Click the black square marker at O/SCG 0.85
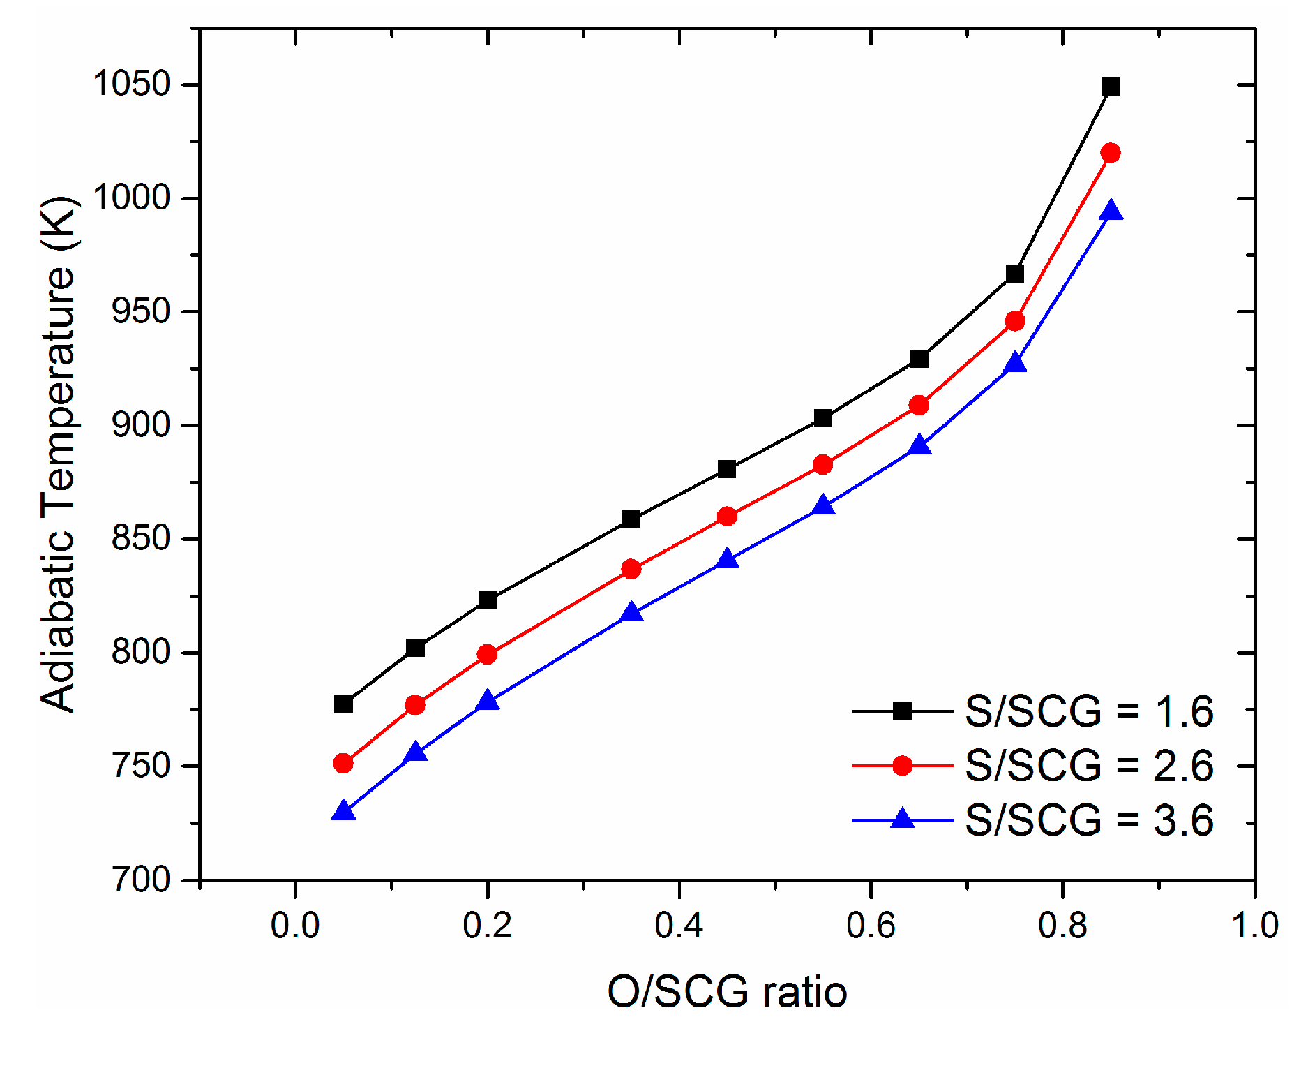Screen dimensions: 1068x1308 click(1111, 87)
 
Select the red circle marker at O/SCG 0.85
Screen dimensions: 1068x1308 click(1111, 153)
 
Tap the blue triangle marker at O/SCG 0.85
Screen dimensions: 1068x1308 click(1111, 211)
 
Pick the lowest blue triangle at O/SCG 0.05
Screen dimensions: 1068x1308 click(343, 811)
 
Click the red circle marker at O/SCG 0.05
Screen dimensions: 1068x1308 click(343, 763)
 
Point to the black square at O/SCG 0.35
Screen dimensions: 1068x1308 click(631, 519)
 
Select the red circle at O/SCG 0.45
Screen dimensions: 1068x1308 click(727, 517)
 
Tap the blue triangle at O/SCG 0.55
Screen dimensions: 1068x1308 click(823, 505)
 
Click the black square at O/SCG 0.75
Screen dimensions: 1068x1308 click(1015, 274)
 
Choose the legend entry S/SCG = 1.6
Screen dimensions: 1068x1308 click(1088, 711)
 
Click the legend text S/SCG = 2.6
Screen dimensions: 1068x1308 click(1088, 766)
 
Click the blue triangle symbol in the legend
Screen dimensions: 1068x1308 click(903, 818)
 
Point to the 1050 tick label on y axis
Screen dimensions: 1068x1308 click(132, 84)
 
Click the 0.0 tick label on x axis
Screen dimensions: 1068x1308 click(295, 926)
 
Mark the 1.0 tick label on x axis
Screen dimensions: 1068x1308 click(1254, 926)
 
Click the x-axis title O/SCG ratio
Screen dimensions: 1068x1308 click(727, 992)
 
